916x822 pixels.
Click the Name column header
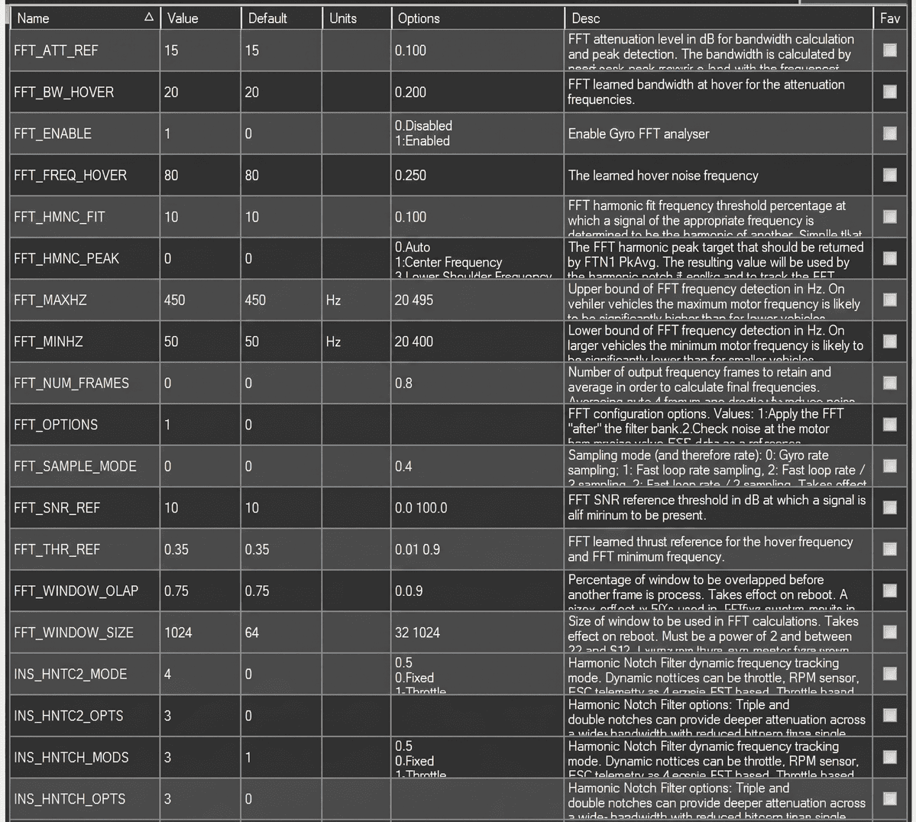point(34,18)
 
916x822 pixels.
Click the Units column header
point(343,18)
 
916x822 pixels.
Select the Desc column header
point(586,18)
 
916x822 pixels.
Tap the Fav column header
point(890,18)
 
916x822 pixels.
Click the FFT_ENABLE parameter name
point(53,134)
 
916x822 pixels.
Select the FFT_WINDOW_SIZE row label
point(73,633)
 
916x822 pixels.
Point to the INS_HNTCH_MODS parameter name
point(71,757)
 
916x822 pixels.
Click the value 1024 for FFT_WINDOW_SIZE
point(178,633)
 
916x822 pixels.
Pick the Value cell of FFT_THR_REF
point(176,549)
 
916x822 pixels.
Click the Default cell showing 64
point(252,633)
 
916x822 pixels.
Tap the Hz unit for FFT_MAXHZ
point(333,300)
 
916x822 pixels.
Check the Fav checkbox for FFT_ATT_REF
point(890,50)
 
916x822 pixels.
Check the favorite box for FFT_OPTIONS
point(890,425)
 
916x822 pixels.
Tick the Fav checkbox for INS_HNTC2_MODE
point(890,674)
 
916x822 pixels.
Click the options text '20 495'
point(414,300)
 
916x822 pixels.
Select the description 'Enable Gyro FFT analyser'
point(639,134)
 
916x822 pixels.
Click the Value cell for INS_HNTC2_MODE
point(168,674)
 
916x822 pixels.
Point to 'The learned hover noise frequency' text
point(663,176)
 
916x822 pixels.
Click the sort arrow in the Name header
point(149,18)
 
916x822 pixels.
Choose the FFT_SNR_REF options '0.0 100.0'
point(421,508)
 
